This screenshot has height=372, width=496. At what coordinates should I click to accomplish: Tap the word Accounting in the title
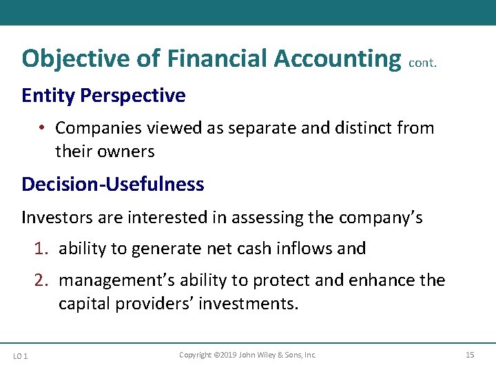[x=337, y=59]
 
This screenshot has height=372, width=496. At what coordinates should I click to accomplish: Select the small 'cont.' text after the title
[x=422, y=63]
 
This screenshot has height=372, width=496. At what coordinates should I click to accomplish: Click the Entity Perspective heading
[x=103, y=96]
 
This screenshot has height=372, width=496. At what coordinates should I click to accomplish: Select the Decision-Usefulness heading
[x=113, y=185]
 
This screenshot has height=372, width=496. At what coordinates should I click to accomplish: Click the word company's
[x=380, y=218]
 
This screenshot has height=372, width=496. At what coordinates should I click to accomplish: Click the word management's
[x=113, y=281]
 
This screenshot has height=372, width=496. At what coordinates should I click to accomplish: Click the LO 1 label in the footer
[x=20, y=355]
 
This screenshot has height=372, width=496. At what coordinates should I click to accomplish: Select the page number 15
[x=470, y=355]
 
